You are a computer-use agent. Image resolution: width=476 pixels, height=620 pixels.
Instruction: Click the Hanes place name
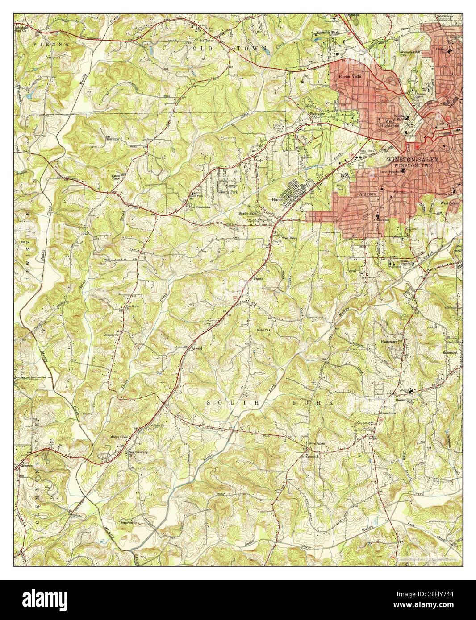tap(278, 200)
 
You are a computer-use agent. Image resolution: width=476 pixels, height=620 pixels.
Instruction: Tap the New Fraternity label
tap(138, 452)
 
